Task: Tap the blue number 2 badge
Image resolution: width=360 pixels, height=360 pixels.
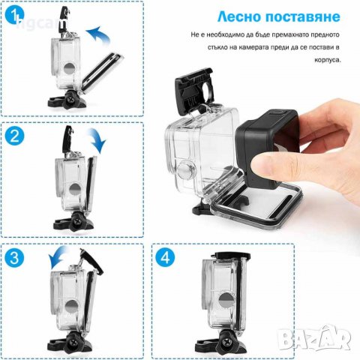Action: tap(14, 136)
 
